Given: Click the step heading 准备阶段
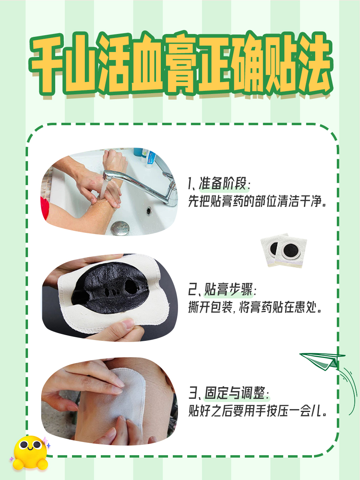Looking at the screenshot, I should (x=225, y=184).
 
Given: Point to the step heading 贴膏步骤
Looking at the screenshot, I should (x=228, y=289).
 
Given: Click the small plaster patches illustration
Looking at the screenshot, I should (x=283, y=251).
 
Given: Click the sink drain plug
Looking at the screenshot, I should (x=120, y=228).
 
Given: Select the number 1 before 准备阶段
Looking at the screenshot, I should (x=191, y=184).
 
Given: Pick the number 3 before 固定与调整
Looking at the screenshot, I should (x=192, y=393).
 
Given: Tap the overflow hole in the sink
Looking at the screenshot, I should (x=149, y=210).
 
